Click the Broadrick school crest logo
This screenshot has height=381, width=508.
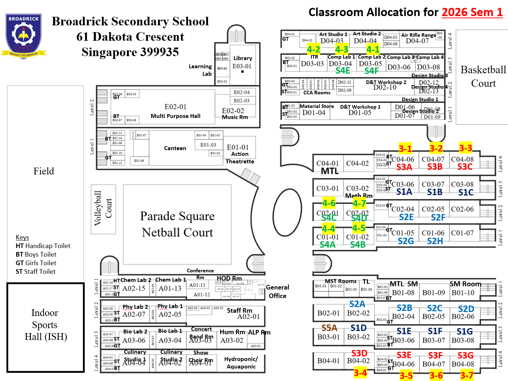24,36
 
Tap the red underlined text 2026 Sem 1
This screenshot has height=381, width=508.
472,13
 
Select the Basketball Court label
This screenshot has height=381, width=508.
483,76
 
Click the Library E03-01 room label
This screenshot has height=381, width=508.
242,62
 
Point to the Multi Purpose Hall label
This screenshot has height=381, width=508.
176,116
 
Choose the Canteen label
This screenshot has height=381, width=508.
175,148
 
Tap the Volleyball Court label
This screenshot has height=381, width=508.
103,208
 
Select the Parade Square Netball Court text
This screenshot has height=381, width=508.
177,224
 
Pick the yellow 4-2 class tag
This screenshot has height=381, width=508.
314,49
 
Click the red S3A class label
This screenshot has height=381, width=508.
404,167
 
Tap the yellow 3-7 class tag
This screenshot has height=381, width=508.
467,375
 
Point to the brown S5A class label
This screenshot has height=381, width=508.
329,328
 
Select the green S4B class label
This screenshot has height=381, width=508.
357,244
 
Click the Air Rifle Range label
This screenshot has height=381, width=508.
418,35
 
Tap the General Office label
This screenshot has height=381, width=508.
277,291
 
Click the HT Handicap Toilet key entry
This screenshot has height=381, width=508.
43,246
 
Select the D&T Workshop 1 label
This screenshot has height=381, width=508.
360,107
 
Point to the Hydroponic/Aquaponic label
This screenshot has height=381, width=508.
241,363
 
